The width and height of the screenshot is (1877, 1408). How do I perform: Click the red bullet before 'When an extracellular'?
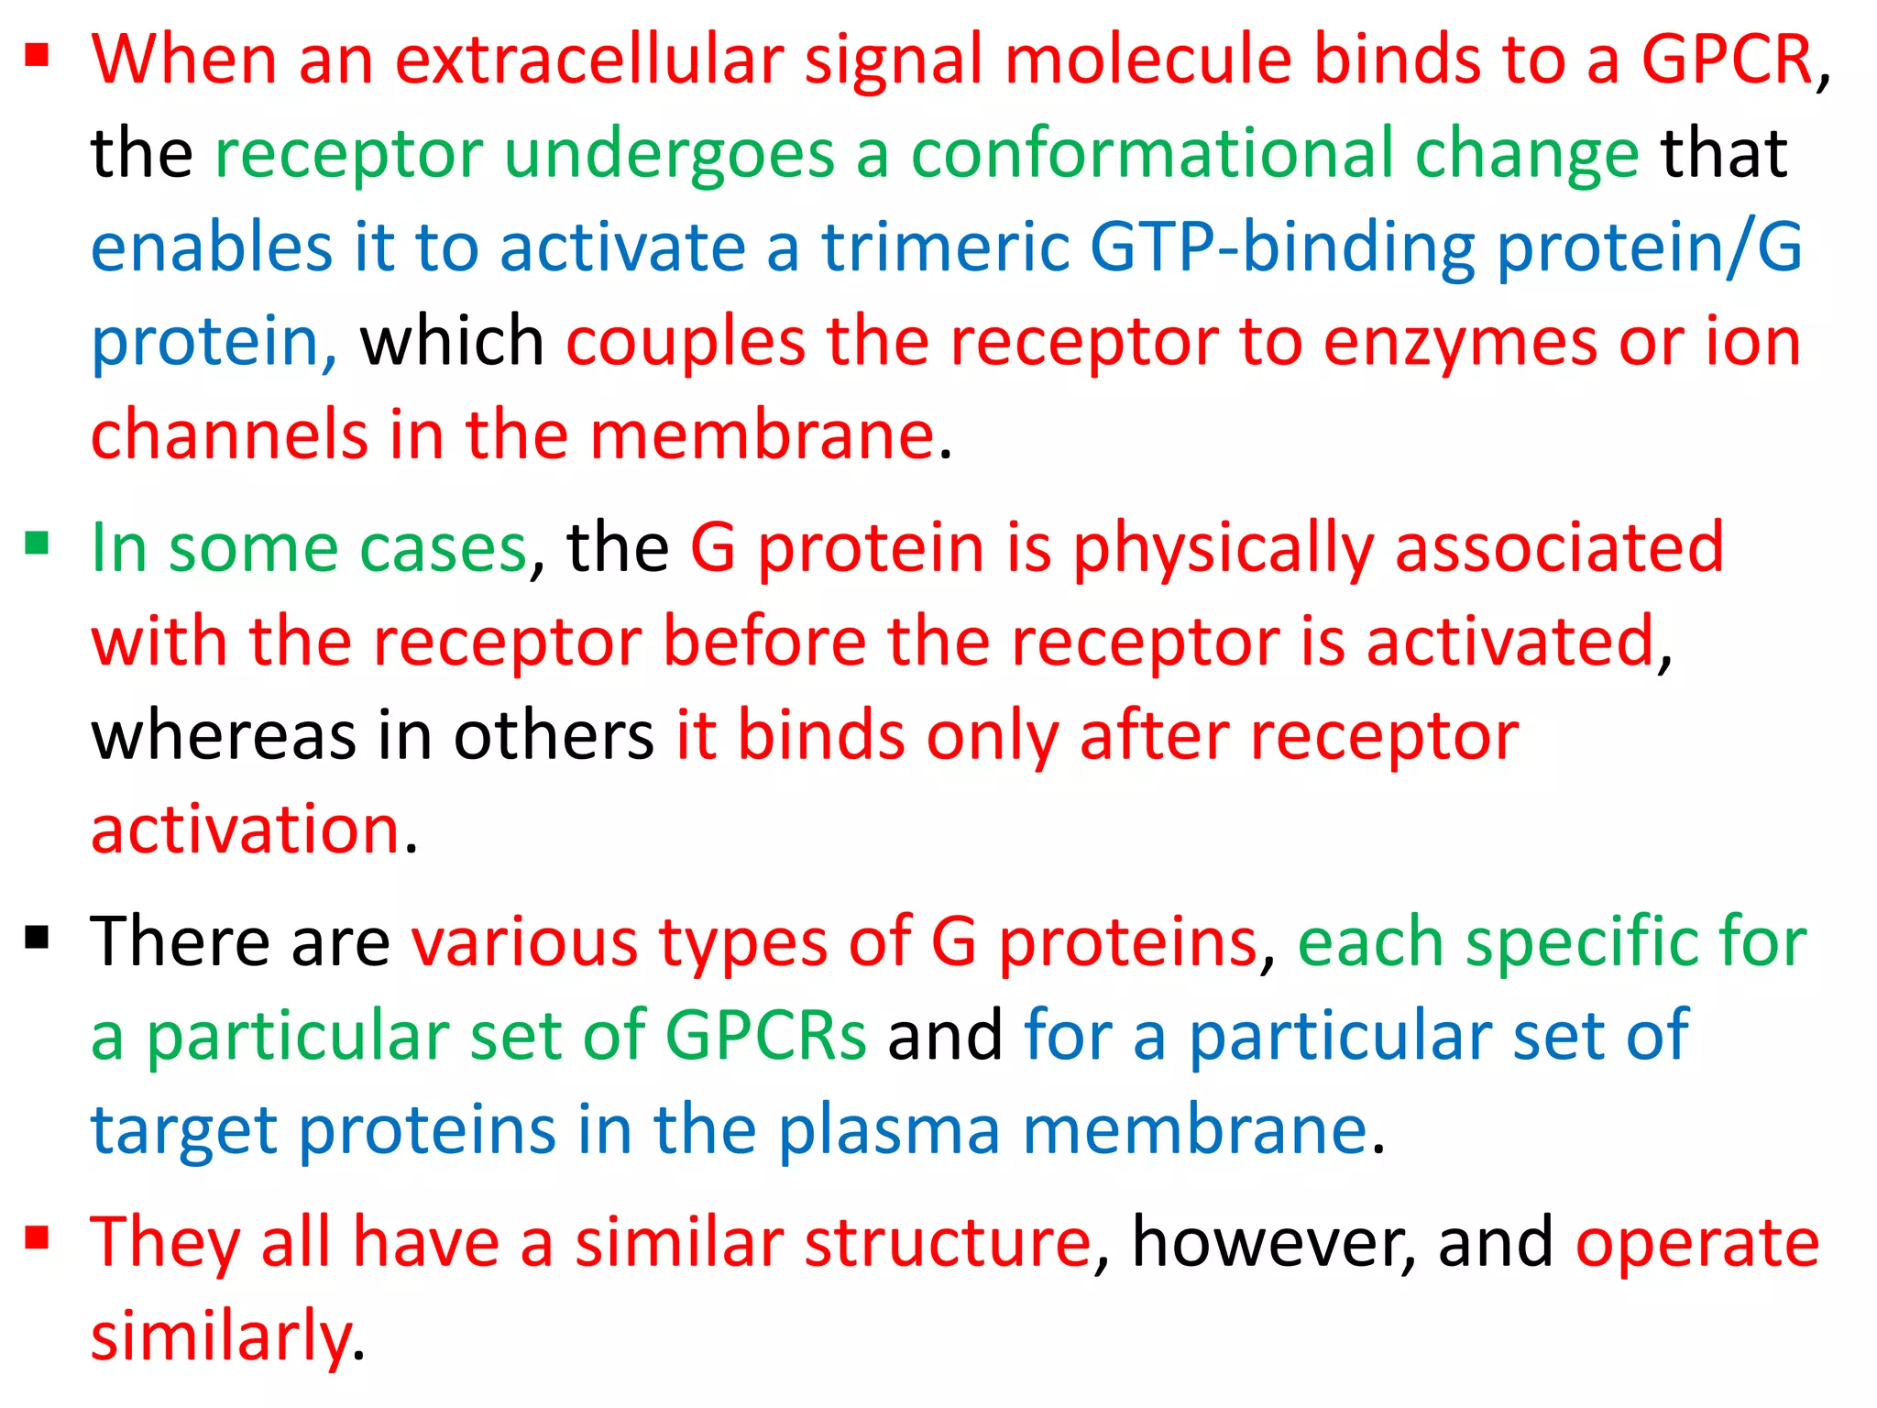[37, 57]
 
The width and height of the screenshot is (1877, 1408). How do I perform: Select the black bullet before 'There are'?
[37, 938]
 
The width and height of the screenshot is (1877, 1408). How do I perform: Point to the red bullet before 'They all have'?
[37, 1238]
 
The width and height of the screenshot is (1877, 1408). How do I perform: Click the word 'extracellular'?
[588, 60]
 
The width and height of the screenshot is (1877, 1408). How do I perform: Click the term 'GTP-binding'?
[1282, 249]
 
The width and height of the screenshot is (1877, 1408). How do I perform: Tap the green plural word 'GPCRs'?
[765, 1036]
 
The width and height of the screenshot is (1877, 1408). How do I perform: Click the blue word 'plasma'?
[889, 1132]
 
